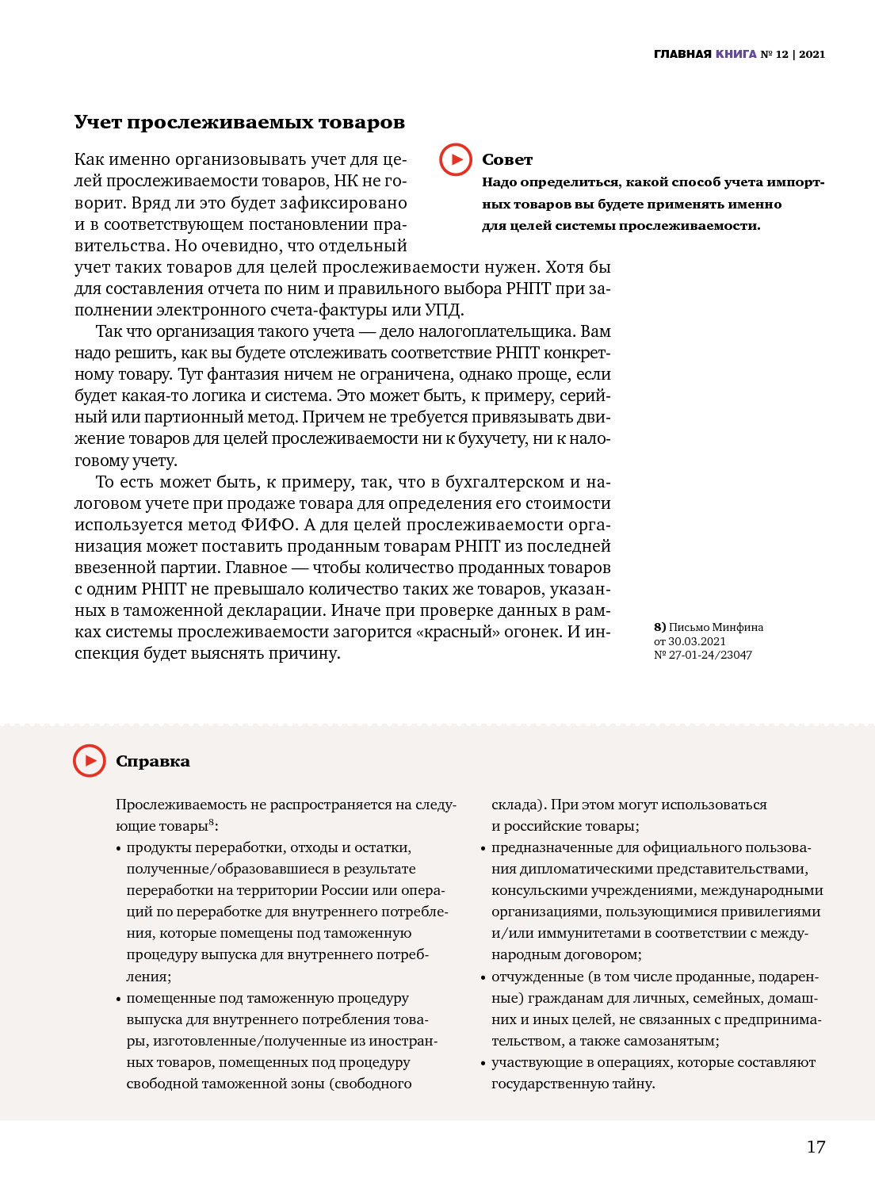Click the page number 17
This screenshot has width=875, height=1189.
pos(816,1146)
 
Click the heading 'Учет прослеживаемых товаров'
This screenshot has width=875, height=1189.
pos(239,122)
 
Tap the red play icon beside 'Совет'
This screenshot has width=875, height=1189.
pos(456,159)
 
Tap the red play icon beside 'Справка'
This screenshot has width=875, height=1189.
pos(90,761)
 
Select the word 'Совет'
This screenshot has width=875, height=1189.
pos(507,159)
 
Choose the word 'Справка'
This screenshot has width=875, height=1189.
pos(153,761)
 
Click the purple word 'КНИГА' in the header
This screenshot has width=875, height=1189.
pos(736,54)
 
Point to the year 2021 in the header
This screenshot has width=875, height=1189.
pos(812,54)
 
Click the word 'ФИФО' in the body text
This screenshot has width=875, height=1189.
pos(268,525)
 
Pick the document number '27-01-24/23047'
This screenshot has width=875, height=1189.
pos(710,655)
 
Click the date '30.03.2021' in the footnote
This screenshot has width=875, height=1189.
pos(697,641)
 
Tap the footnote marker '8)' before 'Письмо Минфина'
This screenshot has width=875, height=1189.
pos(660,627)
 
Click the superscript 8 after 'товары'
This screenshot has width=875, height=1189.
pos(212,822)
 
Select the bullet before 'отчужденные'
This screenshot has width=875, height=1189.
pos(483,978)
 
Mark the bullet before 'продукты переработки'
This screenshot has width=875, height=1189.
pos(118,849)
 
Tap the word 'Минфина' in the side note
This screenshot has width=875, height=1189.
pos(736,627)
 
